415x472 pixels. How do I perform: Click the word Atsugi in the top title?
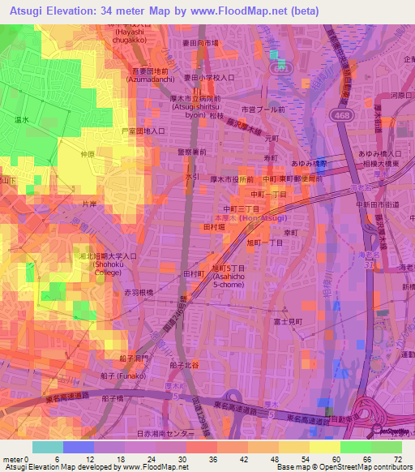click(x=26, y=11)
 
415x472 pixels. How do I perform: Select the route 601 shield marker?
click(x=279, y=69)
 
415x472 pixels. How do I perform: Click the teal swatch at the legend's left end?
click(x=47, y=447)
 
